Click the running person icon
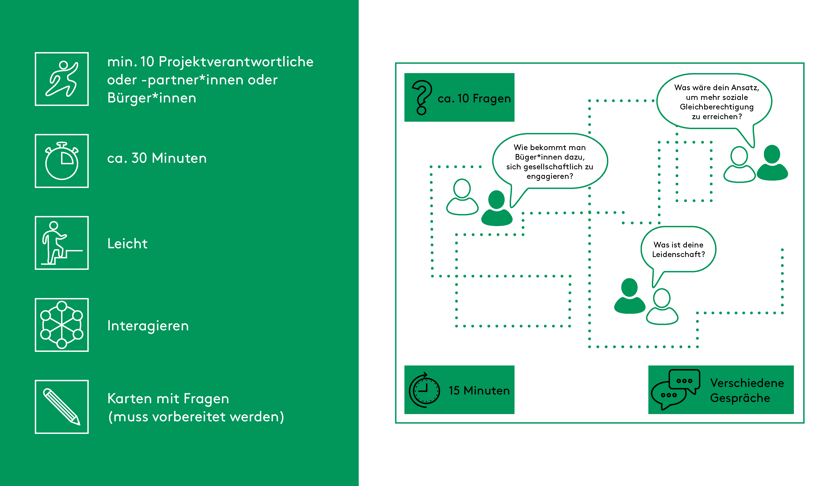(x=62, y=79)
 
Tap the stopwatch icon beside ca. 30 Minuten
(x=62, y=161)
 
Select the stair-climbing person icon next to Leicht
(x=62, y=243)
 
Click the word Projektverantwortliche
(x=236, y=62)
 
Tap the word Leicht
(x=127, y=244)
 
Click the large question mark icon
(x=422, y=97)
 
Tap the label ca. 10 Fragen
(x=474, y=99)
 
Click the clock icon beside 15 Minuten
(x=424, y=390)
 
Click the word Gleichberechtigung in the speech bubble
(x=716, y=107)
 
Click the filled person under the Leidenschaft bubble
(x=629, y=296)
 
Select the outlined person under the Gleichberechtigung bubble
(x=739, y=165)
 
